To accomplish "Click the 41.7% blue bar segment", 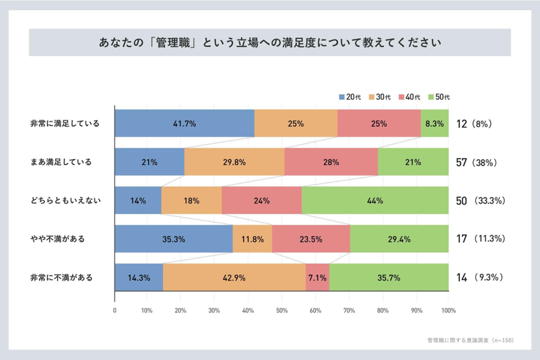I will tap(184, 123).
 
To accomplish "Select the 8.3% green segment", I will tap(434, 123).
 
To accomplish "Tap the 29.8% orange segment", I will tap(234, 162).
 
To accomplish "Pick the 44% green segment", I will tap(375, 200).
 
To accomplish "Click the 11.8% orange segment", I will tap(252, 239).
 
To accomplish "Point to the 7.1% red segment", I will tap(317, 277).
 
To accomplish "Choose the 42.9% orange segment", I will tap(234, 277).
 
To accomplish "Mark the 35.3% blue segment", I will tap(173, 239).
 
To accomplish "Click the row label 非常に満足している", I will tap(65, 123).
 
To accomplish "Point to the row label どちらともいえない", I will tap(65, 200).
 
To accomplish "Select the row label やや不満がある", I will tap(57, 239).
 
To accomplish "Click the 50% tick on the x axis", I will tap(281, 311).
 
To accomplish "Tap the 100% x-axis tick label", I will tap(448, 311).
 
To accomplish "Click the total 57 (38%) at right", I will tap(476, 162).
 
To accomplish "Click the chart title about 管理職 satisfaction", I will tap(269, 43).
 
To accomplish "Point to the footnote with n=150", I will tap(470, 340).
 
